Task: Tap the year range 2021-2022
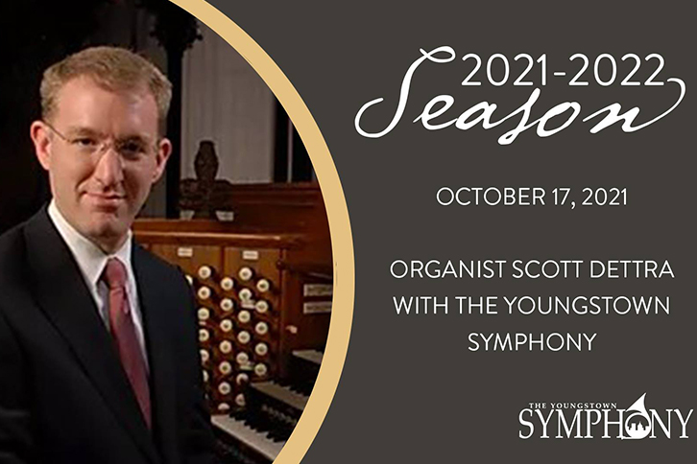click(563, 70)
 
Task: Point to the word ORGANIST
click(448, 270)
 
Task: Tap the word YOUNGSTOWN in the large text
click(588, 306)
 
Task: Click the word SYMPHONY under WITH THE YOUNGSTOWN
click(532, 342)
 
